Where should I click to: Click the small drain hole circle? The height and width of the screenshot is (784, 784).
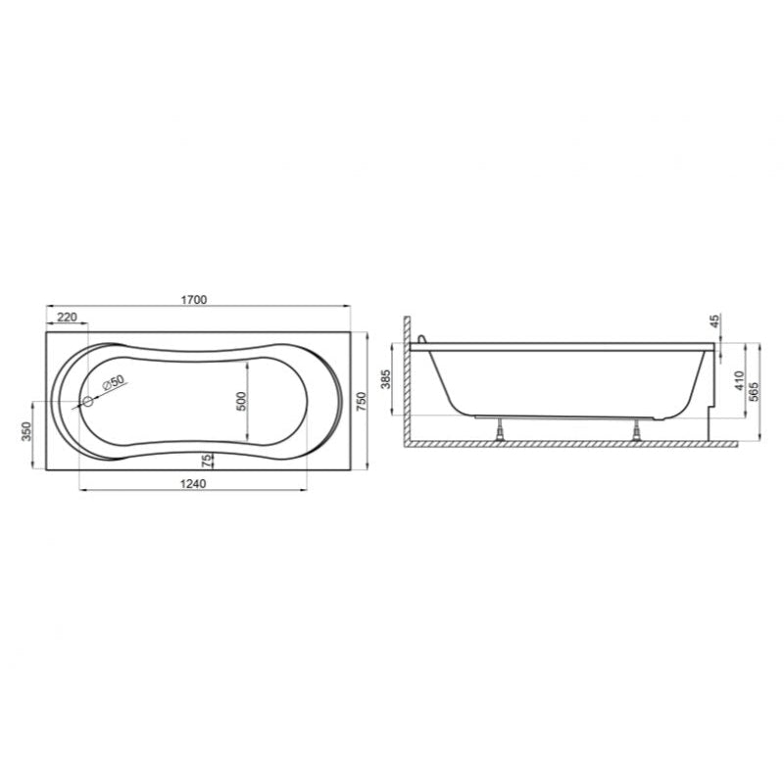pos(87,401)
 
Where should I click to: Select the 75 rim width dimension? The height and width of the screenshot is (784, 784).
pos(206,461)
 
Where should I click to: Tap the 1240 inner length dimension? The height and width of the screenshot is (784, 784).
pos(194,481)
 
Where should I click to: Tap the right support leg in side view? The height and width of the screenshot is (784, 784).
pos(637,429)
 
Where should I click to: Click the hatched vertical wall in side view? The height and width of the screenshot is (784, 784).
pos(407,382)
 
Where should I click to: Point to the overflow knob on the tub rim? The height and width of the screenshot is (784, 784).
pos(422,339)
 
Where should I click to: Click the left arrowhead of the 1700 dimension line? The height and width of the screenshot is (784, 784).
pos(49,309)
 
